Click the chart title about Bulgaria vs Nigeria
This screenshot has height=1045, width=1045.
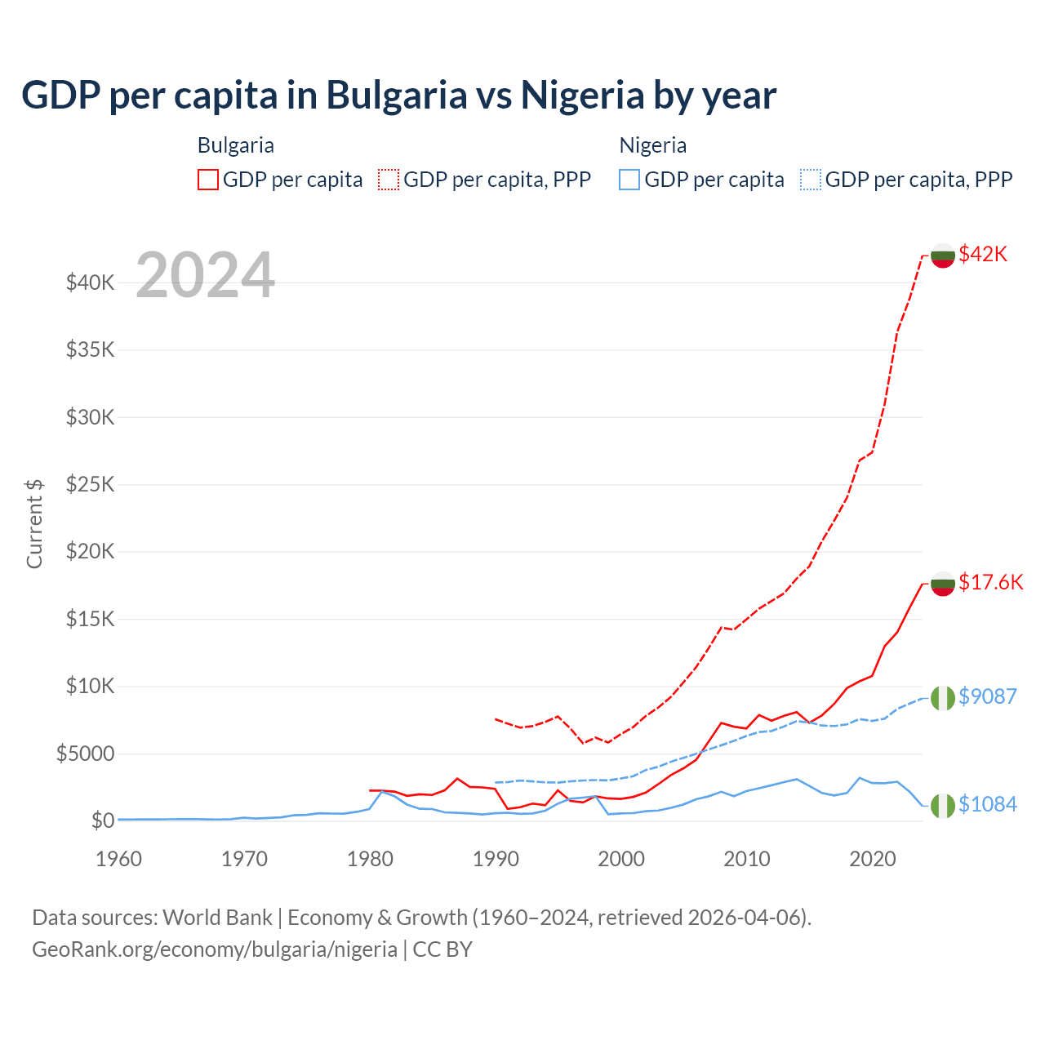pos(398,96)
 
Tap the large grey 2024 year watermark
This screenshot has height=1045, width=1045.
pos(205,276)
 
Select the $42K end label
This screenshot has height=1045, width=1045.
pos(983,254)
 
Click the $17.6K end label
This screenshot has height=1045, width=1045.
pos(990,582)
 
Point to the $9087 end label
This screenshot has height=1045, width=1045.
pos(987,696)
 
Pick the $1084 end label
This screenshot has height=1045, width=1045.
pos(987,804)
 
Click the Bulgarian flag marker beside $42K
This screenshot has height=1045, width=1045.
pos(943,256)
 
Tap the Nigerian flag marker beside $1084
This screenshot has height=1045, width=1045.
pos(943,805)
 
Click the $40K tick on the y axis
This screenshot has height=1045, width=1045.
pos(90,283)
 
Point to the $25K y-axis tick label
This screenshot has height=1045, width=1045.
pos(90,485)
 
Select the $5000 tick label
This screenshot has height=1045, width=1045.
pos(85,754)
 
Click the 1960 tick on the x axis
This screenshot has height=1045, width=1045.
pos(118,859)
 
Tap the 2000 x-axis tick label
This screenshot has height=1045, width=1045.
pos(621,859)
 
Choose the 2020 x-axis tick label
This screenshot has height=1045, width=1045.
pos(873,859)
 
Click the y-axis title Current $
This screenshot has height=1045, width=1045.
pos(34,523)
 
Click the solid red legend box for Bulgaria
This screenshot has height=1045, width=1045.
pos(208,180)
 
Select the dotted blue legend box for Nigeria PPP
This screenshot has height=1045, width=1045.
pos(811,180)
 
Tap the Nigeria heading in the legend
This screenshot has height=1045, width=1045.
pos(652,145)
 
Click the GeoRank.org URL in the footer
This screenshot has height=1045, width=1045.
pos(215,949)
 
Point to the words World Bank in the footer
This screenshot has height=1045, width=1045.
pos(217,918)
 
